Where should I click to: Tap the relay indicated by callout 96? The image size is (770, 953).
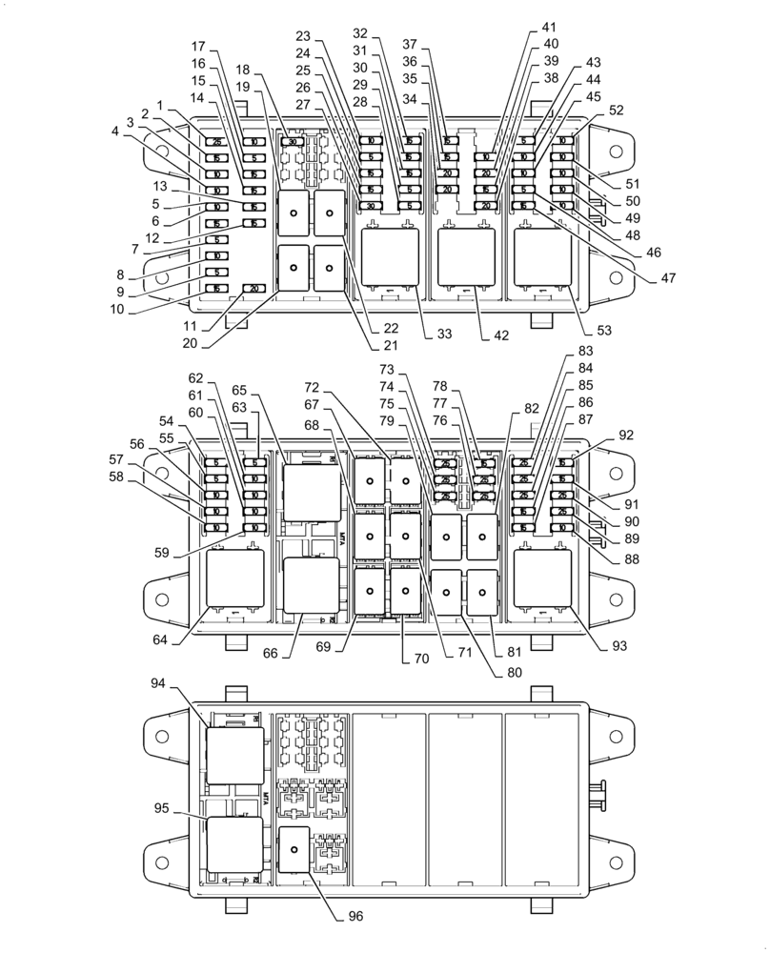[295, 846]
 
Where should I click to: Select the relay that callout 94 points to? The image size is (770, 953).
[235, 755]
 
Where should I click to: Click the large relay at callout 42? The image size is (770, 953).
[466, 258]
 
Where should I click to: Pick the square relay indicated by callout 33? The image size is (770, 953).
[390, 258]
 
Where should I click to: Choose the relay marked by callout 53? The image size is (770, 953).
[542, 258]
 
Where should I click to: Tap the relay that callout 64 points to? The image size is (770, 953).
[235, 579]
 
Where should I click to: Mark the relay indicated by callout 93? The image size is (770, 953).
[542, 578]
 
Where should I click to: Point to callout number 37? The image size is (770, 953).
[411, 44]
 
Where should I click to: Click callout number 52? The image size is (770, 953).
[616, 110]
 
